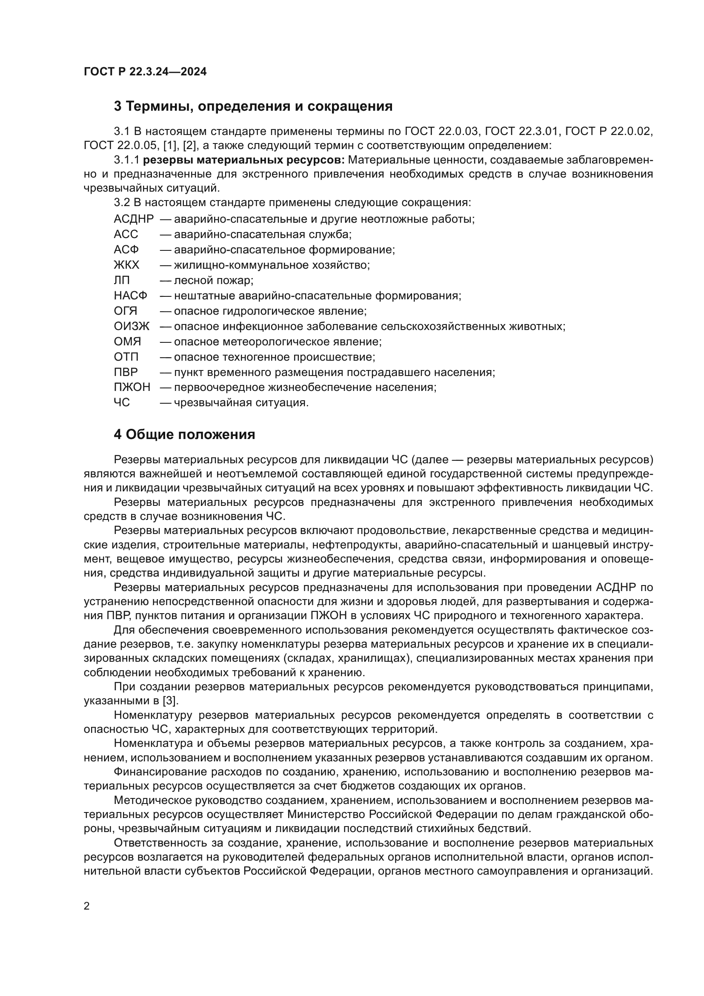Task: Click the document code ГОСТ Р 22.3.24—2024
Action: tap(145, 72)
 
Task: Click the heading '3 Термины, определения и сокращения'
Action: tap(253, 106)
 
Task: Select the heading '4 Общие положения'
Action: tap(184, 434)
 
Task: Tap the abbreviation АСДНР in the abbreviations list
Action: tap(134, 219)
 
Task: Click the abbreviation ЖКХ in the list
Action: tap(126, 265)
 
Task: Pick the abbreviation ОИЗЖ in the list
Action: tap(132, 326)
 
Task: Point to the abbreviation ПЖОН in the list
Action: tap(132, 387)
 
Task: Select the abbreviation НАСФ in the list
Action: tap(131, 296)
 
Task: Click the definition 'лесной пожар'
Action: tap(213, 281)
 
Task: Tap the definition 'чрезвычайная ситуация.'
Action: tap(241, 403)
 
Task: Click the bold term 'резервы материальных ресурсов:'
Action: tap(243, 160)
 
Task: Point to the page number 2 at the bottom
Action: tap(87, 906)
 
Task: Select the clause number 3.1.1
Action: tap(126, 160)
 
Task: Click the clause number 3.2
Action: tap(122, 203)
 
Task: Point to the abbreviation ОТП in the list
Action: tap(126, 357)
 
